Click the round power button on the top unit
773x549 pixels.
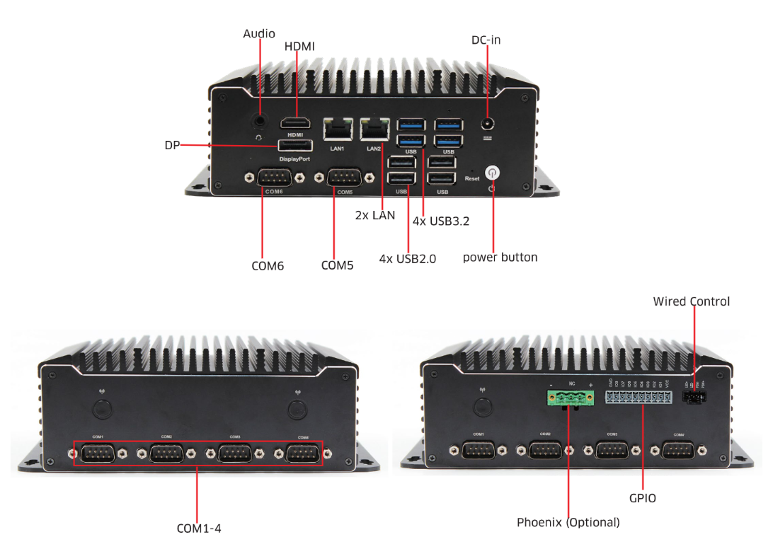(x=491, y=172)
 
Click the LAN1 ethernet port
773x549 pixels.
(x=337, y=129)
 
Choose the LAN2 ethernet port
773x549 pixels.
(x=374, y=129)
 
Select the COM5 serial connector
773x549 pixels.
(x=345, y=178)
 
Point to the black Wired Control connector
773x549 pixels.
(x=694, y=396)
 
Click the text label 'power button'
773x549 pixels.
(x=500, y=258)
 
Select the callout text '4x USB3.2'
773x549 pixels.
(x=441, y=221)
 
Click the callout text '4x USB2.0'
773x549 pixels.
(x=407, y=259)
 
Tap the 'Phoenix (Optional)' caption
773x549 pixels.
(x=568, y=523)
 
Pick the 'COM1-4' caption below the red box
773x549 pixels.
(x=199, y=528)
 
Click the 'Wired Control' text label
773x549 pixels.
(x=691, y=301)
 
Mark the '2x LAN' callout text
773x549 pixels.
(x=375, y=215)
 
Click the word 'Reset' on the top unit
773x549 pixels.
(x=472, y=179)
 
